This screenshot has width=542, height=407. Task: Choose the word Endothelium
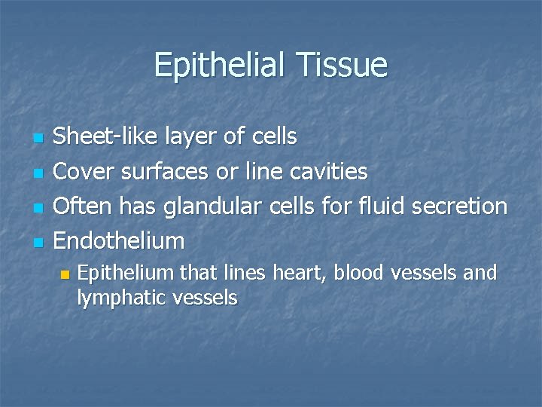120,240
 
